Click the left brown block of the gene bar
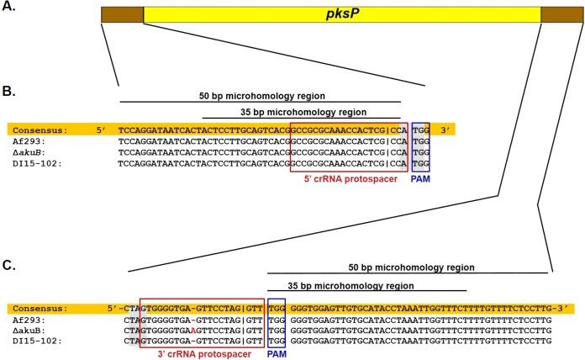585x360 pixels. click(122, 14)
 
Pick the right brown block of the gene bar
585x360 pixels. click(557, 14)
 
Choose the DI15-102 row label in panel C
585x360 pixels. click(36, 341)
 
